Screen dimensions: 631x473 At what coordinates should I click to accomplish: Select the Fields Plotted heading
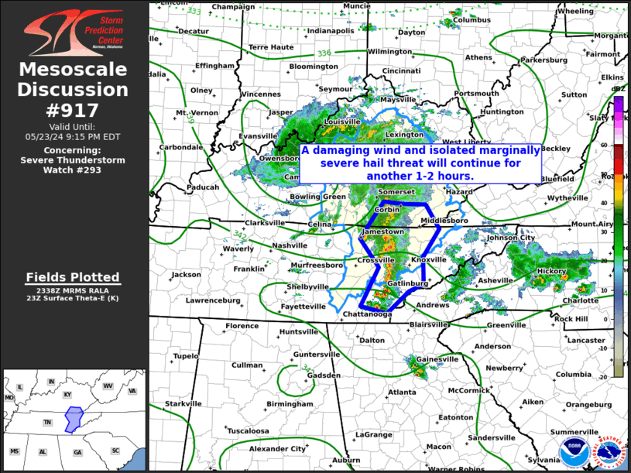(x=73, y=277)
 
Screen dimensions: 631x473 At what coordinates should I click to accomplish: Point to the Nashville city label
(x=290, y=245)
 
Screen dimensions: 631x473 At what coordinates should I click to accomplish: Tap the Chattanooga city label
(x=368, y=314)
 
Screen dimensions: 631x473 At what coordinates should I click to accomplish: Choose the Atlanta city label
(x=402, y=392)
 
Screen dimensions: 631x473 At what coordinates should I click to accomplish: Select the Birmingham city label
(x=290, y=404)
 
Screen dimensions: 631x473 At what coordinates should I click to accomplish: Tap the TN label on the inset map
(x=47, y=423)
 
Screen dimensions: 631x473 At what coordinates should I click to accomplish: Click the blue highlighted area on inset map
(x=74, y=419)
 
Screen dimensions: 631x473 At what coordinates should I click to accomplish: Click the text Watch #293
(x=73, y=170)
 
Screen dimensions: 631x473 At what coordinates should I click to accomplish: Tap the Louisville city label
(x=342, y=122)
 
